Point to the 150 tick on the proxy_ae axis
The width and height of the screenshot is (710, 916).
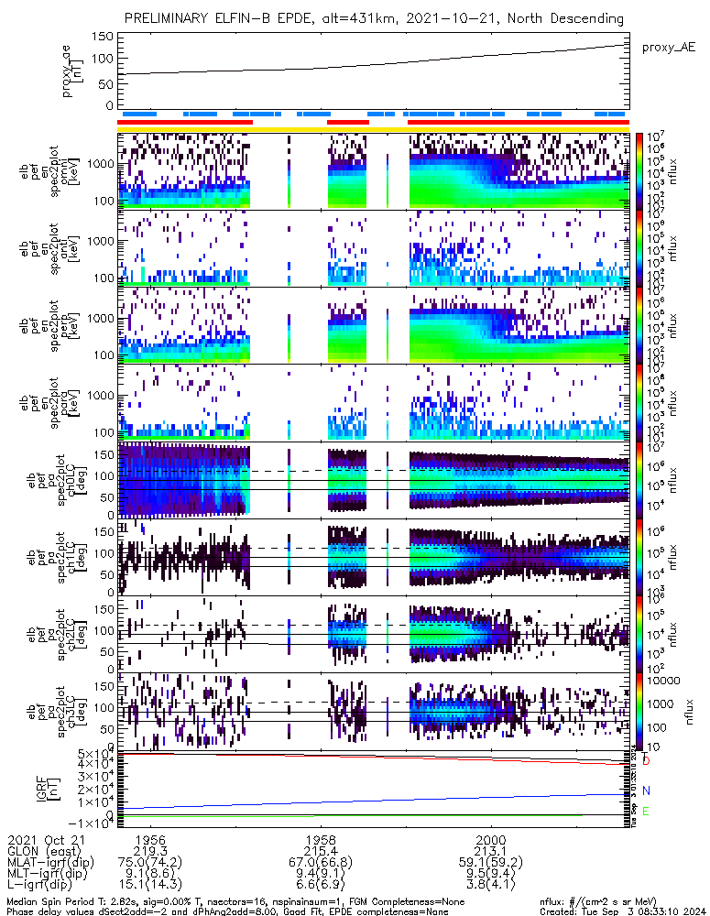103,37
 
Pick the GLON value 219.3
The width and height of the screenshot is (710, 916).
150,851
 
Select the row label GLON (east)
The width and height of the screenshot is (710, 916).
40,851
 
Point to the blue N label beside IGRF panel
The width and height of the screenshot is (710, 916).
646,791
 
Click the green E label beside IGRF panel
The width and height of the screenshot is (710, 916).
646,811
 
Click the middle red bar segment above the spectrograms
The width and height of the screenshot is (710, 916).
348,122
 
